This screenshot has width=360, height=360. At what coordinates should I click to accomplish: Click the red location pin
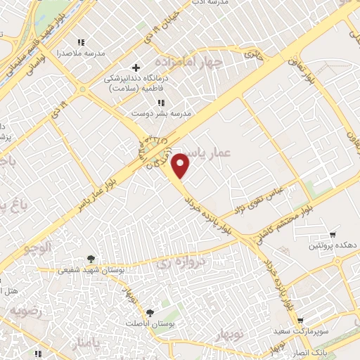click(181, 166)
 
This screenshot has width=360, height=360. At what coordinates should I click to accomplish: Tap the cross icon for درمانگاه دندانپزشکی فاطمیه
click(136, 67)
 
